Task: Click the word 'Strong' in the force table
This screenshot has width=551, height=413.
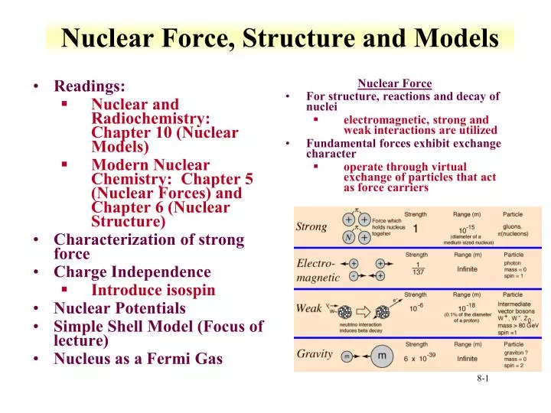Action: (311, 227)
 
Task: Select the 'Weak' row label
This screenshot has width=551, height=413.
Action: (309, 308)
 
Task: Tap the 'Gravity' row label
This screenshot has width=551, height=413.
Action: (315, 355)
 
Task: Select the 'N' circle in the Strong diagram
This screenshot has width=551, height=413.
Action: (348, 237)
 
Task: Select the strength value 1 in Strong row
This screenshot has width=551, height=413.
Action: (416, 229)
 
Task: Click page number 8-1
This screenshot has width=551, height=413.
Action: (483, 379)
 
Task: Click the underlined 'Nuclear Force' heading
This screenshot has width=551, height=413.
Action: (395, 83)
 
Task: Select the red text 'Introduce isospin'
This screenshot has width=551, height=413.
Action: (153, 290)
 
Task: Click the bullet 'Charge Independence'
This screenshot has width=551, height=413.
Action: (132, 272)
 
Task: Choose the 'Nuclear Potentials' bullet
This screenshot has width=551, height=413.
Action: (119, 308)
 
